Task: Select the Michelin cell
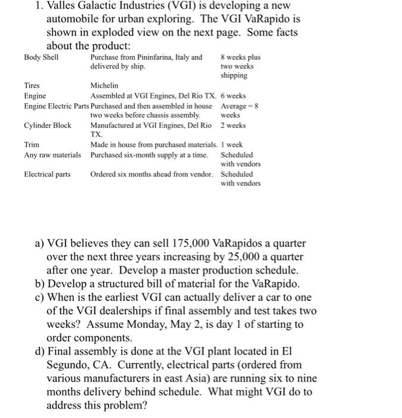click(x=104, y=86)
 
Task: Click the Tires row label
click(x=32, y=86)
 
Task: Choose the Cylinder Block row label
click(x=47, y=125)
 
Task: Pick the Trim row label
click(x=32, y=145)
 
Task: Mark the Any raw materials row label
click(x=52, y=155)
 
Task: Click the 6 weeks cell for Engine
click(x=233, y=96)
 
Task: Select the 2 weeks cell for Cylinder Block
click(x=233, y=125)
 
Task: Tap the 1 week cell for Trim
click(x=231, y=145)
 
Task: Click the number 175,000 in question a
click(x=191, y=244)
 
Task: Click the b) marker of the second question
click(x=41, y=284)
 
